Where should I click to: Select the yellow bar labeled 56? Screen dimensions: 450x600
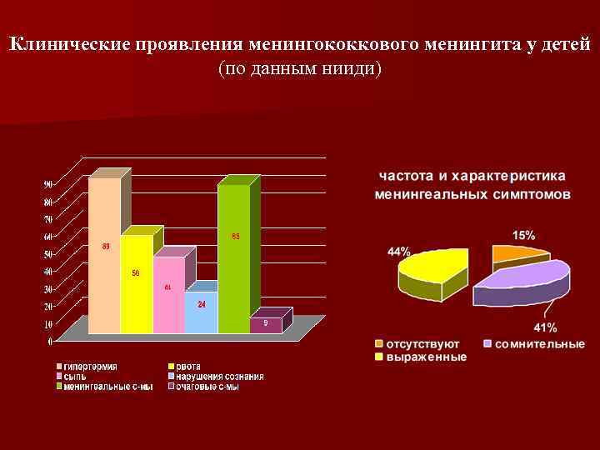pyautogui.click(x=137, y=283)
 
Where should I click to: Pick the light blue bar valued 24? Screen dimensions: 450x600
pyautogui.click(x=201, y=312)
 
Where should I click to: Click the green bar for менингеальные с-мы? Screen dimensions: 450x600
pyautogui.click(x=233, y=258)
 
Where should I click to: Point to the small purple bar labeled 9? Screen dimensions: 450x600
pyautogui.click(x=266, y=324)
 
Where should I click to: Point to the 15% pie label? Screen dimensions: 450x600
pyautogui.click(x=523, y=235)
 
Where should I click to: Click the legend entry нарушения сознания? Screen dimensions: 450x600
pyautogui.click(x=219, y=376)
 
